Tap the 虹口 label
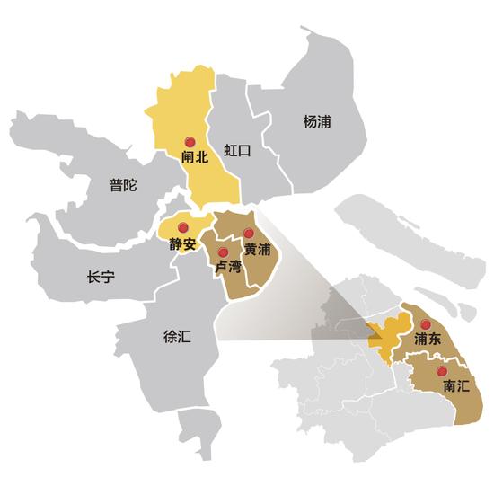tap(238, 150)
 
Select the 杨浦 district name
tap(317, 121)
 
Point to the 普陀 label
tap(122, 186)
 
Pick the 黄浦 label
tap(256, 249)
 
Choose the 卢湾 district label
tap(225, 268)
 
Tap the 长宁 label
tap(101, 277)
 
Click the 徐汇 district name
tap(177, 337)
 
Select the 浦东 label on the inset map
tap(428, 340)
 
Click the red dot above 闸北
tap(189, 142)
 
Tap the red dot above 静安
tap(182, 226)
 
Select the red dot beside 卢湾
tap(222, 252)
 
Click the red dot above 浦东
tap(427, 324)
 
